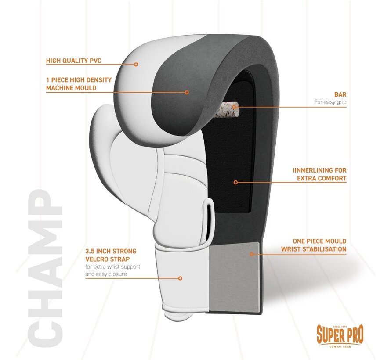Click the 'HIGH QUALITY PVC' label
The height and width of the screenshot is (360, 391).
(x=73, y=61)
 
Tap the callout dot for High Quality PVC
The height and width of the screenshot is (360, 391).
(x=136, y=64)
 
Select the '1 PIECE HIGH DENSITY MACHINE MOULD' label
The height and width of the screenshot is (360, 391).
(x=79, y=84)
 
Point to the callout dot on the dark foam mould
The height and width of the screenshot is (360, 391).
(x=187, y=92)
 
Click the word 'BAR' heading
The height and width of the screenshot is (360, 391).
(x=340, y=94)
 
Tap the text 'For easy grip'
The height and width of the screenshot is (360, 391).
(x=330, y=102)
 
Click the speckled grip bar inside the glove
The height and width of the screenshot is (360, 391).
(x=228, y=108)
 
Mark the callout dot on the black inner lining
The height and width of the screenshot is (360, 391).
(x=235, y=182)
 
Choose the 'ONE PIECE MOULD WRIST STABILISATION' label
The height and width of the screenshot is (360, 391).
(x=319, y=245)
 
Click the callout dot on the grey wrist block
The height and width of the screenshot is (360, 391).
(x=251, y=253)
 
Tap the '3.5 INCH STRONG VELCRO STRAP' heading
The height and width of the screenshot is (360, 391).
(x=111, y=255)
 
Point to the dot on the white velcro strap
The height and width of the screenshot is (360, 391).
(x=180, y=278)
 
